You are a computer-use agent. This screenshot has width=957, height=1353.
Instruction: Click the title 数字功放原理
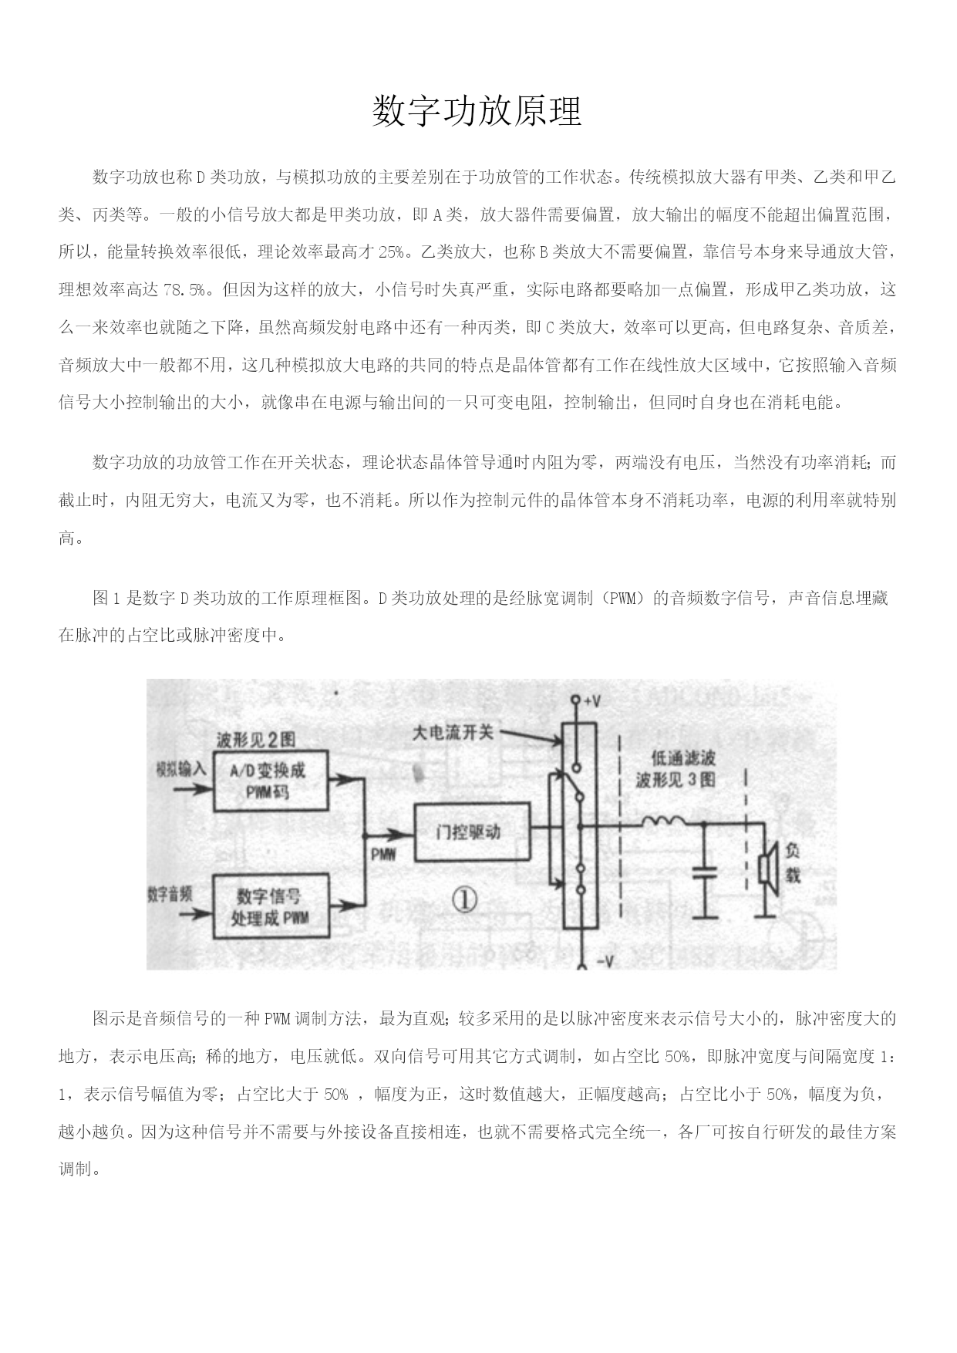tap(477, 111)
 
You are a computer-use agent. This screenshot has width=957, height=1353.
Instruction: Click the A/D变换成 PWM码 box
tap(269, 780)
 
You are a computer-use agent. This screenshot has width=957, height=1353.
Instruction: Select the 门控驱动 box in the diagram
tap(473, 832)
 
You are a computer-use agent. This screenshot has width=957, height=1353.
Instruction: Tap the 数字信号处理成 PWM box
tap(270, 906)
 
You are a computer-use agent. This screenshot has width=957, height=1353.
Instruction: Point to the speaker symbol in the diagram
tap(768, 869)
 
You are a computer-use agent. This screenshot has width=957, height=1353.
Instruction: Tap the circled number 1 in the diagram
tap(464, 899)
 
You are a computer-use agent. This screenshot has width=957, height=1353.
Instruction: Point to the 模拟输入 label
tap(181, 769)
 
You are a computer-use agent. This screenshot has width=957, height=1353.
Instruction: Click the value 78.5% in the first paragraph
tap(187, 290)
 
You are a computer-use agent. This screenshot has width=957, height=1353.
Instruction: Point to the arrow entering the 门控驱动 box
tap(390, 832)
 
